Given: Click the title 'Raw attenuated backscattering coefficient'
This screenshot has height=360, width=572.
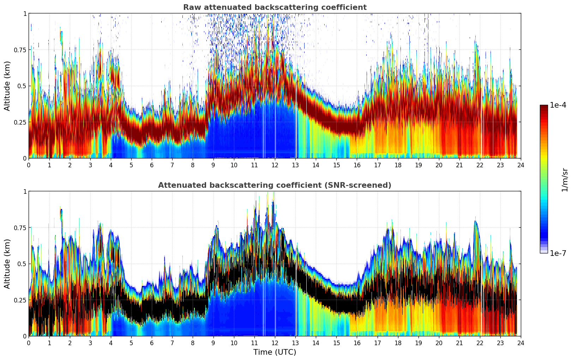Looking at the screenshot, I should [x=275, y=7].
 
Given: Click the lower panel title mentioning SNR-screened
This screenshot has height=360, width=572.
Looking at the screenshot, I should [x=275, y=185].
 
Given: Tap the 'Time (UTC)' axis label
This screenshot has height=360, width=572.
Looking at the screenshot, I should [x=275, y=352].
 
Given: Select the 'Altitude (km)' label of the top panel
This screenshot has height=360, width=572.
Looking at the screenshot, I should [x=7, y=86].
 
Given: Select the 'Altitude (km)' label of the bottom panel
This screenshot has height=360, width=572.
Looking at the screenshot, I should [x=7, y=264].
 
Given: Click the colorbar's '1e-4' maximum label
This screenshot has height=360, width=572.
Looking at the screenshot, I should [x=558, y=105].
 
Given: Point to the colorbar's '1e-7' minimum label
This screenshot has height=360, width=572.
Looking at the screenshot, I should [x=558, y=253].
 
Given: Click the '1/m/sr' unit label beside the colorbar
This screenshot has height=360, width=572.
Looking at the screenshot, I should [x=564, y=179].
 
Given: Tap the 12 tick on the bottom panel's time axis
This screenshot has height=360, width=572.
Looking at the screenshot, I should [x=275, y=343].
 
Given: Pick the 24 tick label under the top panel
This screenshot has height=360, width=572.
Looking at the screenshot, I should [x=521, y=165].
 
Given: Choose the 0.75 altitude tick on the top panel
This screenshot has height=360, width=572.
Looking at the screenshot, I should [x=20, y=50].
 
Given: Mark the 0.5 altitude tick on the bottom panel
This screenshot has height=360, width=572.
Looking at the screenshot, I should [x=22, y=264].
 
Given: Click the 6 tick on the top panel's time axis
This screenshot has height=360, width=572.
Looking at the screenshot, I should [x=152, y=165].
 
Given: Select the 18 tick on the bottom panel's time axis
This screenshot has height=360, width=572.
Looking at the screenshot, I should [x=398, y=343].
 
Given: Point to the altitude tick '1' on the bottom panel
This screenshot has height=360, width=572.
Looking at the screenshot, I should [x=25, y=191].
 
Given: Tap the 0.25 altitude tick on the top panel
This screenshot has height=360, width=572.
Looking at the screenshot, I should [x=20, y=122].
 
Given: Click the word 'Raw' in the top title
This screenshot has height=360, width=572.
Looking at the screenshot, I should [x=191, y=7].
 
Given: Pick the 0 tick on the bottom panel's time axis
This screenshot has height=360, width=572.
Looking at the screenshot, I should [x=29, y=343].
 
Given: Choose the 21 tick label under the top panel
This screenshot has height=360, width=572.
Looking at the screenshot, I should [x=459, y=165].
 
